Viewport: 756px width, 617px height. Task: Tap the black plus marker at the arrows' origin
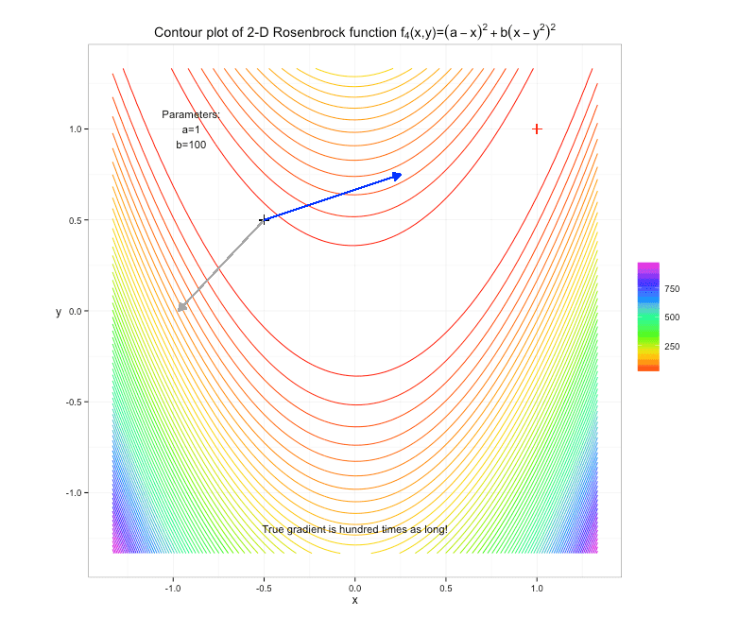(265, 219)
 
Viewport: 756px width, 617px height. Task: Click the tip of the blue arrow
(403, 174)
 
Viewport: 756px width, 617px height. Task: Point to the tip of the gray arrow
(177, 311)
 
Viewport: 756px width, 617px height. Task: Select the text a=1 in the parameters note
(191, 129)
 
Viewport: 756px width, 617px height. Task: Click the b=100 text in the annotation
(191, 145)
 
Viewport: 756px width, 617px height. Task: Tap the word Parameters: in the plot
(191, 114)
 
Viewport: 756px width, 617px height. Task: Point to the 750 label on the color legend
(672, 288)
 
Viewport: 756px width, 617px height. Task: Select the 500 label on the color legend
(672, 317)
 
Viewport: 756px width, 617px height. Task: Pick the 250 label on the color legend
(672, 347)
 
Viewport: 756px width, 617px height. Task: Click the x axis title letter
(354, 600)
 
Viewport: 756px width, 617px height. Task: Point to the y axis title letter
(58, 311)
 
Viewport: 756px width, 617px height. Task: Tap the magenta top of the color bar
(648, 266)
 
